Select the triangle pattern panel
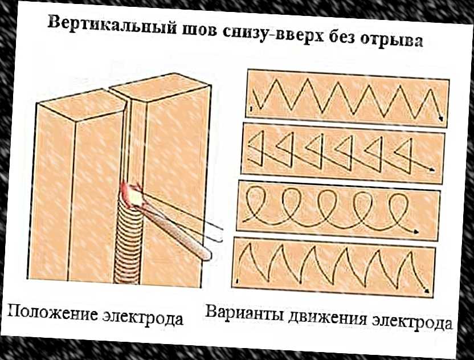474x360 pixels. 344,152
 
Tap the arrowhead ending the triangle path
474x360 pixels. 435,170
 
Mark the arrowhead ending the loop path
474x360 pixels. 418,231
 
